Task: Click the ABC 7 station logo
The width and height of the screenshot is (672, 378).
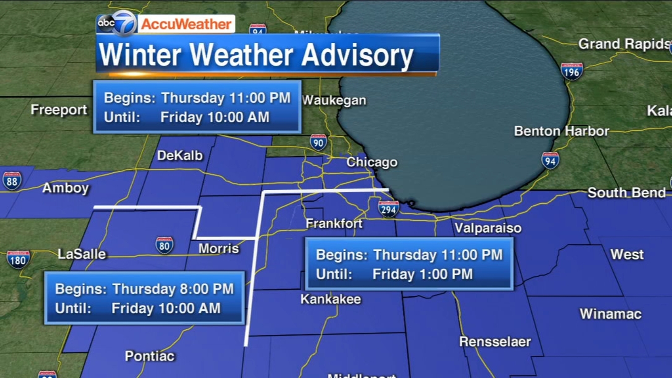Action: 117,23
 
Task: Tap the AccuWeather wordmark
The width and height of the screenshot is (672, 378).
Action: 186,24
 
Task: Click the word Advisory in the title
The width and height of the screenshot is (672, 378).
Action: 357,55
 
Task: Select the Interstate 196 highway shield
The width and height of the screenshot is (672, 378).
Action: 572,72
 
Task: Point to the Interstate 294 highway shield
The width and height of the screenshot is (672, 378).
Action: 388,209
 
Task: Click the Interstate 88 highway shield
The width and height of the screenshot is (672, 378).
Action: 12,181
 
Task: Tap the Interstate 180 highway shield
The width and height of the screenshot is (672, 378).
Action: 18,260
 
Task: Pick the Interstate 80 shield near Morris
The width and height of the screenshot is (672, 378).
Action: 164,246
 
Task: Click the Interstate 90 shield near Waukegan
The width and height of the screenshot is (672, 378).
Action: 318,143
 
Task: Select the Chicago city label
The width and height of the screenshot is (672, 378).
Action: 372,162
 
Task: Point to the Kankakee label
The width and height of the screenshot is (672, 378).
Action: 331,299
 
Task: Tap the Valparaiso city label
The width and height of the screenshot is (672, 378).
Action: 488,228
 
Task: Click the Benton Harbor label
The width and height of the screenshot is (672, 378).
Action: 561,131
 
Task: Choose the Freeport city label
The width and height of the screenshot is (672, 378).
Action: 59,110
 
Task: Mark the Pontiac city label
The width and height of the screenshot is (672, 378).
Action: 150,356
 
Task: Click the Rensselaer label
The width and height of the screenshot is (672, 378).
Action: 495,341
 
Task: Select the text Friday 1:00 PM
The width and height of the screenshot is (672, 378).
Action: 423,274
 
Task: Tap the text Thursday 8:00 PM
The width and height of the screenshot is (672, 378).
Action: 173,289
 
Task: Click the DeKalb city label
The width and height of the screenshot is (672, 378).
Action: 180,155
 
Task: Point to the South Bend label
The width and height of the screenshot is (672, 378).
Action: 626,193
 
